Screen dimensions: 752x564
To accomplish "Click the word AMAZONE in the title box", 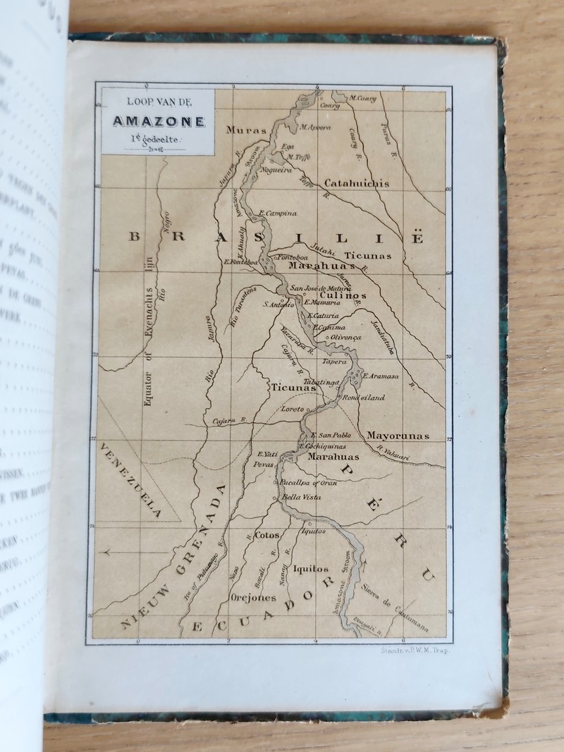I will point(158,121).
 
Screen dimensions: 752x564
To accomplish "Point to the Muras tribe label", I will point(246,130).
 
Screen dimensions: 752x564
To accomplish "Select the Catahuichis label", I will point(357,183).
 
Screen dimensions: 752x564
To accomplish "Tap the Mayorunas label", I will point(398,436).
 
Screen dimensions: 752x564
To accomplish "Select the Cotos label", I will point(267,535).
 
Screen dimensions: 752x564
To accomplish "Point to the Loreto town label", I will point(292,409).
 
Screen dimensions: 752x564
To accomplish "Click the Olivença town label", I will point(345,338).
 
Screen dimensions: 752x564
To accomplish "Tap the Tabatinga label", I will point(324,381).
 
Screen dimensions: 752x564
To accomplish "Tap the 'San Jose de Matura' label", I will point(318,288).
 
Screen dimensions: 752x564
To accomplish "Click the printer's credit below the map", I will point(409,653).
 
